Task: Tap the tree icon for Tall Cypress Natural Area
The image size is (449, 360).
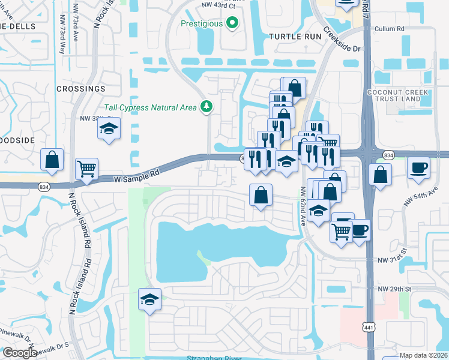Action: tap(207, 107)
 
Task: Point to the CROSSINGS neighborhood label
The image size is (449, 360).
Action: tap(80, 89)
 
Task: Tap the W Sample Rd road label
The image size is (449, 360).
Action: tap(137, 175)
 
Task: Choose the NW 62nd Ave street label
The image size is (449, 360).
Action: tap(303, 203)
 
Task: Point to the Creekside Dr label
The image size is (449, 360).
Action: tap(342, 40)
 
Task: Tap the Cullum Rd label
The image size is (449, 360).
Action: tap(388, 28)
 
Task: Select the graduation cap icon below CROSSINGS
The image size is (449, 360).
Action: tap(109, 128)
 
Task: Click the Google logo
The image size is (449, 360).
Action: tap(19, 353)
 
